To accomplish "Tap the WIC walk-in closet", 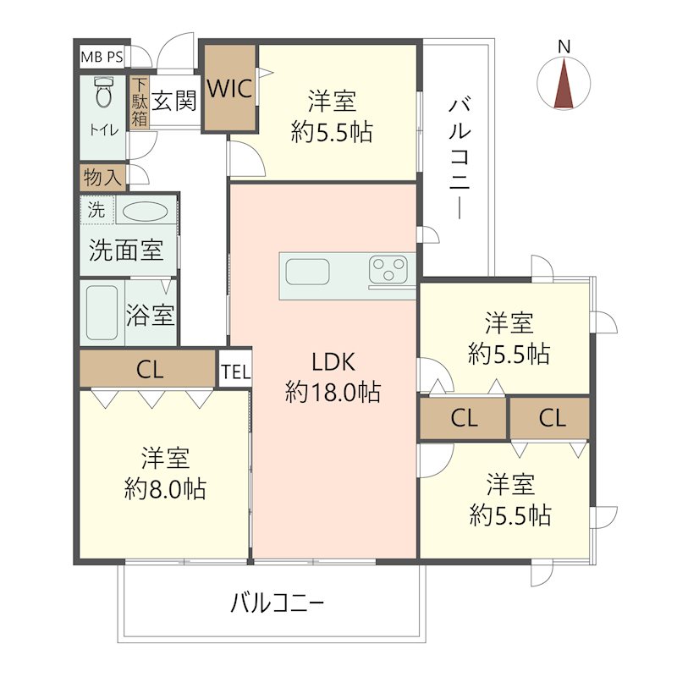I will pos(229,88).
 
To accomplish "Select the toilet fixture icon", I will pos(104,92).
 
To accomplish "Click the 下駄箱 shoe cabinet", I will pos(139,103).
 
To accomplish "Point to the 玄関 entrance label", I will pos(175,102).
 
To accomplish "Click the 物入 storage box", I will pos(102,178).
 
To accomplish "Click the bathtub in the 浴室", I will pos(101,311).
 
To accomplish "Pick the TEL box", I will pos(234,371).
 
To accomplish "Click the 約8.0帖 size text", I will pos(165,489).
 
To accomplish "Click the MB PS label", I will pos(102,58).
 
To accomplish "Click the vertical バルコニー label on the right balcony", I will pos(459,158).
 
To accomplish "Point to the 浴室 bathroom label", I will pos(151,316).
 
